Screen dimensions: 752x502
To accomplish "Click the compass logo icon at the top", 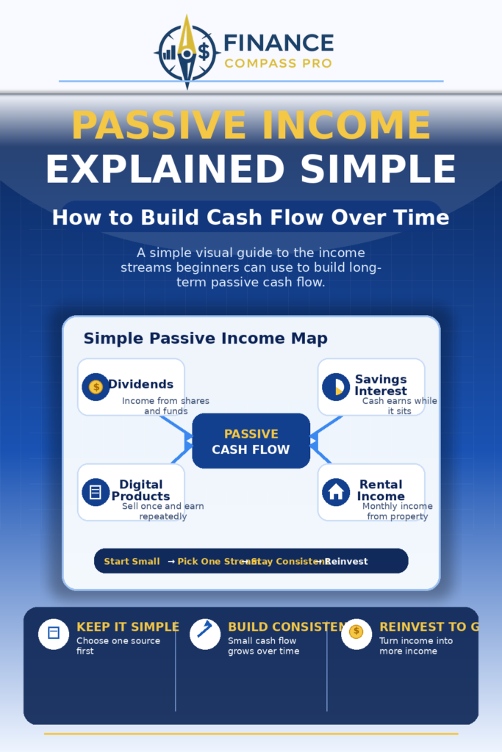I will tap(187, 51).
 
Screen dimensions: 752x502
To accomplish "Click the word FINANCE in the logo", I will tap(278, 43).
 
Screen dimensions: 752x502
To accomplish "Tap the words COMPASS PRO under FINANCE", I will tap(278, 64).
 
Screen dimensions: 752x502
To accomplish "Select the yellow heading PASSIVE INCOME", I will tap(251, 126).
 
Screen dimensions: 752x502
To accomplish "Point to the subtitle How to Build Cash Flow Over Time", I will tap(251, 218).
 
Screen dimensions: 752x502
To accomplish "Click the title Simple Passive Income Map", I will tap(205, 339).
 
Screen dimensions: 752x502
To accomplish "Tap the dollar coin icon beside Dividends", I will tap(96, 386).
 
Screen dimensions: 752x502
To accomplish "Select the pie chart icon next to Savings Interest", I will tap(336, 386).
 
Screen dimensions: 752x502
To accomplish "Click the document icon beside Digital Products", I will tap(96, 492).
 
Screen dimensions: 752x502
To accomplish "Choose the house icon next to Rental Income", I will tap(336, 492).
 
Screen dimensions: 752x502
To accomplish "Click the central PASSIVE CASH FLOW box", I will tap(251, 441).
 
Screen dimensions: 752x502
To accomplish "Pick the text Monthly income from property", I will tap(398, 511).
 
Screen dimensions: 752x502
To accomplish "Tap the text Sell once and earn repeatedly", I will tap(163, 511).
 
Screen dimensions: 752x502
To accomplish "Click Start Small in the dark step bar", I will tap(132, 562).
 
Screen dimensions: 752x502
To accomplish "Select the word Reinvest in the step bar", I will tap(346, 562).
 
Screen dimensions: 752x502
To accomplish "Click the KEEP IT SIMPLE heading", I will tap(128, 626).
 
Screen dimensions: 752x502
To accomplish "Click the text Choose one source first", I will tap(118, 646).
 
